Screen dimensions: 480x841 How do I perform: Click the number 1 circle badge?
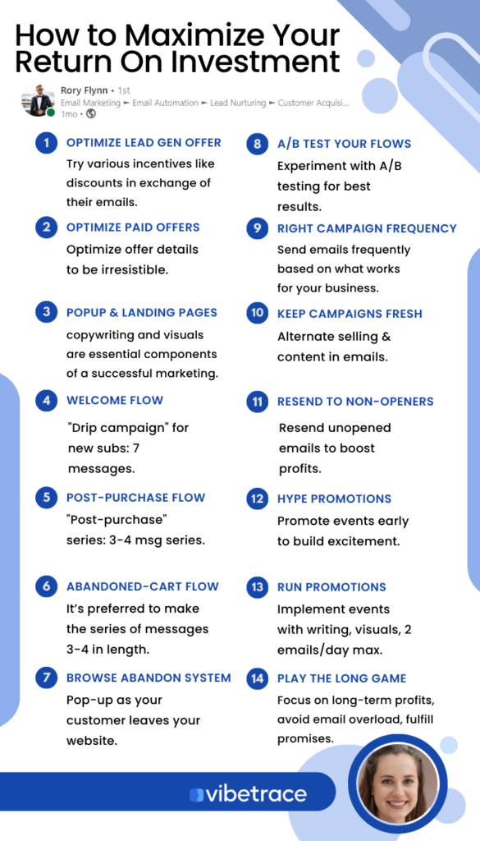(47, 143)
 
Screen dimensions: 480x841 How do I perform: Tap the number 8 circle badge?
(258, 144)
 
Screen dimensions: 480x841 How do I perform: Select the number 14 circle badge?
(258, 678)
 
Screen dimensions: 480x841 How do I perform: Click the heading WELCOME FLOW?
(115, 400)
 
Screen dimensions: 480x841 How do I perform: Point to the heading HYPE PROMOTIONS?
(334, 499)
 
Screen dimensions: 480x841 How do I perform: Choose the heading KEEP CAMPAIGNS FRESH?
(350, 314)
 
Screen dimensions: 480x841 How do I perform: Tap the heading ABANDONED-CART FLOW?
(143, 586)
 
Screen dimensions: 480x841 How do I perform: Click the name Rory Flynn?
(85, 90)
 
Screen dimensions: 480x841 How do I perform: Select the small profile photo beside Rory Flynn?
(38, 100)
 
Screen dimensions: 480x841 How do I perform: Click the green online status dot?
(50, 113)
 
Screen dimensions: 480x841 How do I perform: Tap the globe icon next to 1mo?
(91, 113)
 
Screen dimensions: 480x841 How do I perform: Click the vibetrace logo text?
(248, 794)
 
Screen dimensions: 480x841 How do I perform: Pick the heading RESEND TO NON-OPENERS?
(355, 401)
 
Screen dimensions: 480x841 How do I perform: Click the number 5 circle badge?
(47, 498)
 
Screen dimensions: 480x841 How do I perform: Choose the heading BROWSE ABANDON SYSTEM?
(149, 678)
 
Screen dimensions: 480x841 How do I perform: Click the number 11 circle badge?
(258, 402)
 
